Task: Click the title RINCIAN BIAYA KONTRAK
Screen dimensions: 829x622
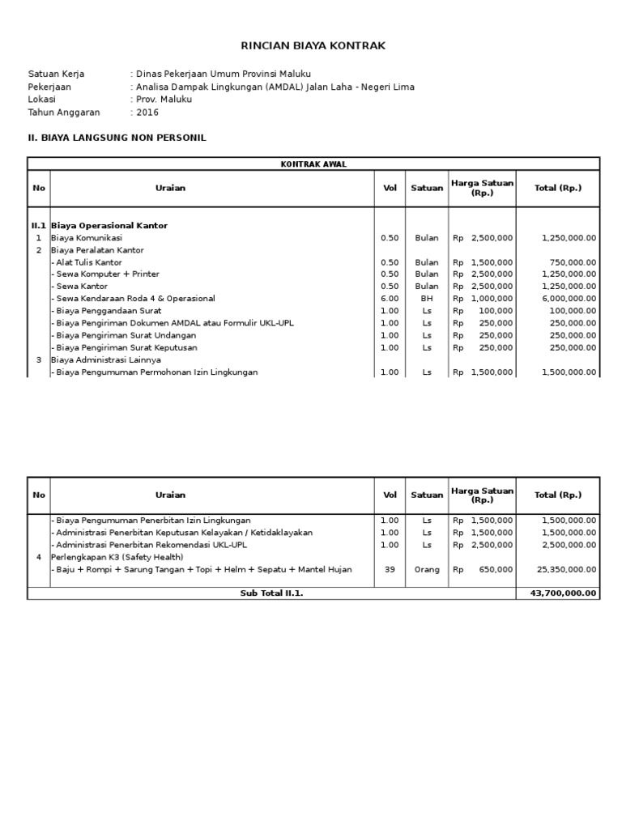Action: [314, 46]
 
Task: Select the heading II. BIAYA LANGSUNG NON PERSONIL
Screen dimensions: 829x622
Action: [117, 138]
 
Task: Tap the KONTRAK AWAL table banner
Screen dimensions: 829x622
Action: [313, 164]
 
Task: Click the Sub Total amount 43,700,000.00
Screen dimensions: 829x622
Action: [562, 593]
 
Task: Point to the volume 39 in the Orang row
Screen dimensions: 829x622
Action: [390, 569]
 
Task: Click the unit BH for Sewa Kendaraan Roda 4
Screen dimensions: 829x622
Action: [427, 299]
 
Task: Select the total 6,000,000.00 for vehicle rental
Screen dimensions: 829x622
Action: [568, 299]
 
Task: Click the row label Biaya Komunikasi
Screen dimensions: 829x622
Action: [87, 238]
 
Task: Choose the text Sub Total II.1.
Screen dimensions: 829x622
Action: [271, 593]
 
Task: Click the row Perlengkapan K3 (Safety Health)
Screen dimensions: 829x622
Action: [117, 557]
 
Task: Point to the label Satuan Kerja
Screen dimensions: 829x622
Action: [56, 74]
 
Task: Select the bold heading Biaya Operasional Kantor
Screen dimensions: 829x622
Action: [109, 226]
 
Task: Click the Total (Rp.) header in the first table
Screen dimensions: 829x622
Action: [558, 188]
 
